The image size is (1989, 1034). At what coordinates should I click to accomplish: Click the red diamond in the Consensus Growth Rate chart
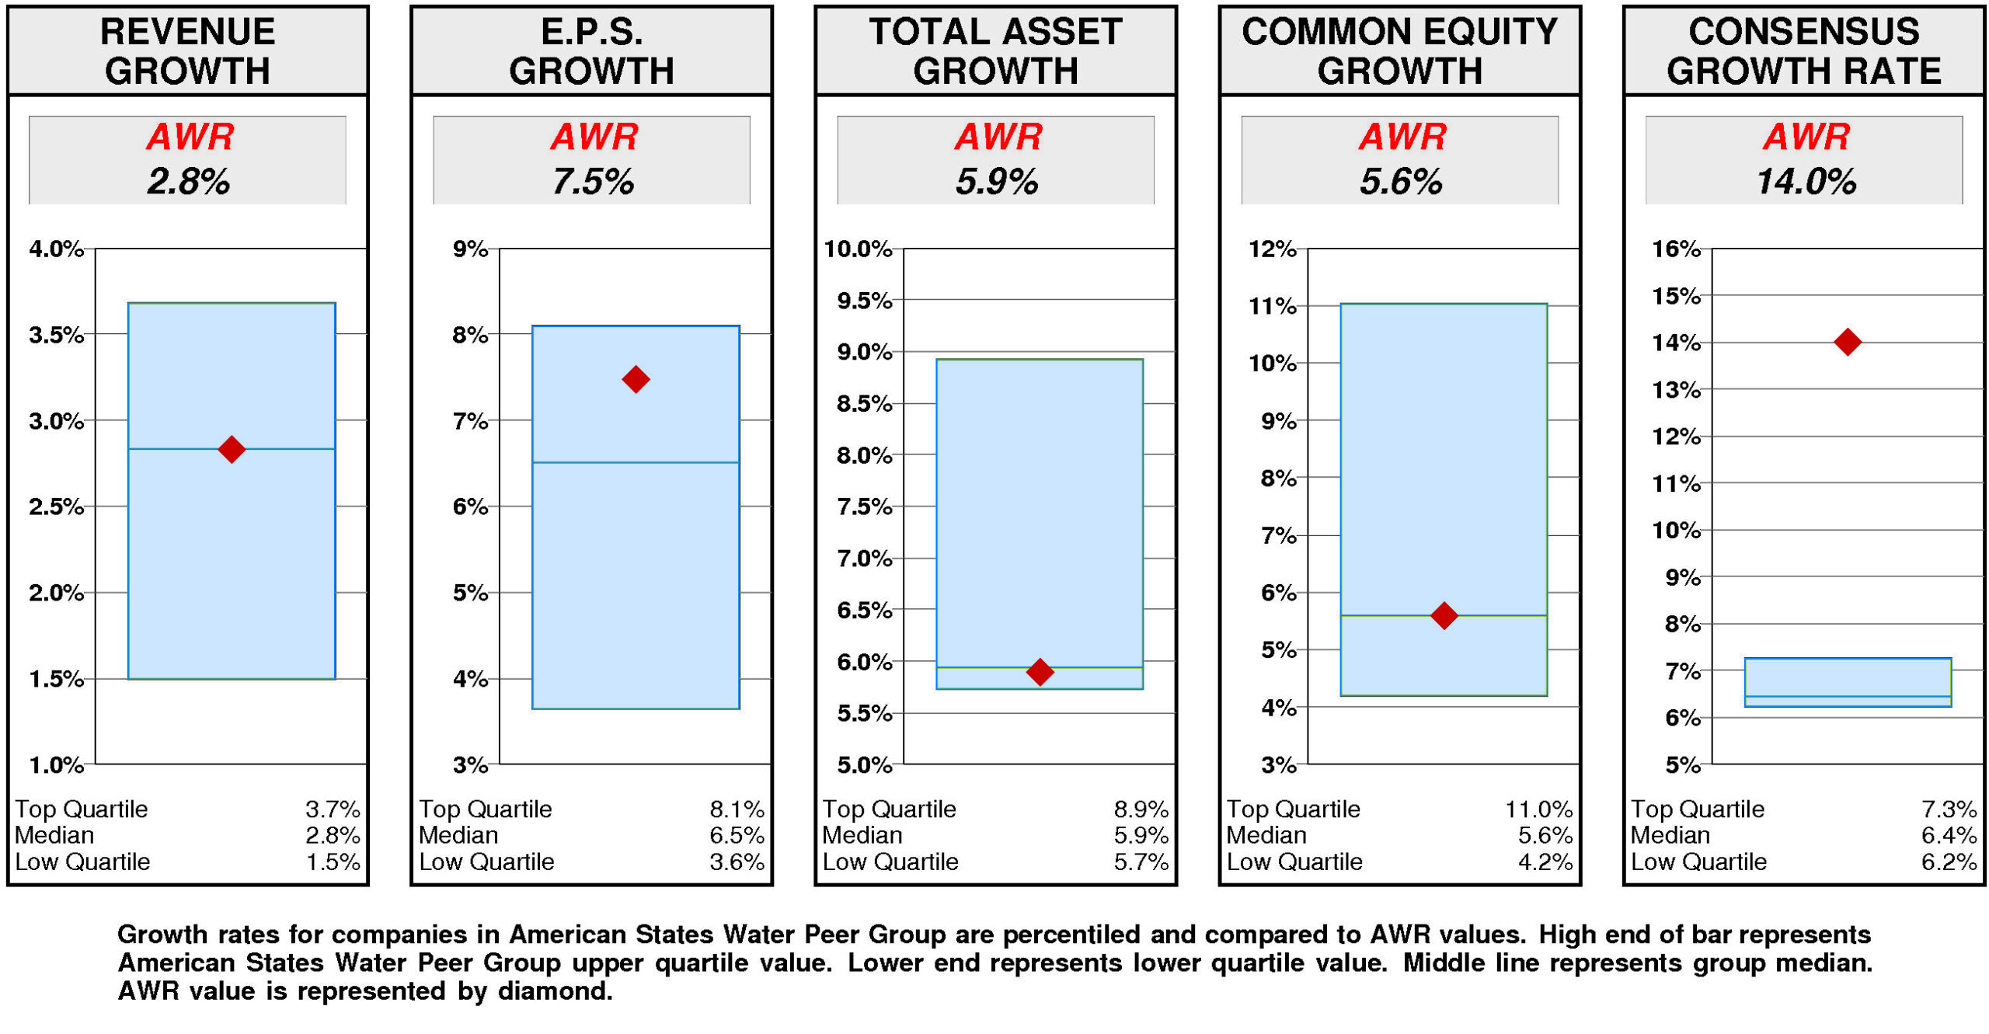1847,341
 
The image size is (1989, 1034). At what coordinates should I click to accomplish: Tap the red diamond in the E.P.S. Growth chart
636,379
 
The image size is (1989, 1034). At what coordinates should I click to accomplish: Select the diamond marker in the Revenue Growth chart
232,448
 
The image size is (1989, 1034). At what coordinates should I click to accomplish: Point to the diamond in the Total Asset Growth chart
1040,671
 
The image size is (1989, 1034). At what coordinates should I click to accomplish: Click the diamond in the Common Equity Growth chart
1444,615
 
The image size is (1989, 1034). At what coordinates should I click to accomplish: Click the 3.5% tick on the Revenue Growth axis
56,335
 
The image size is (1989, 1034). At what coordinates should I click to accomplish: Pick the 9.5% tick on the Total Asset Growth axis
864,300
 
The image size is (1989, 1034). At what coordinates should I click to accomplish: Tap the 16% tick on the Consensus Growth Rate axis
1676,249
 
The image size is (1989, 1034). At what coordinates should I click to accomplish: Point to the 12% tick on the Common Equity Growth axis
1272,249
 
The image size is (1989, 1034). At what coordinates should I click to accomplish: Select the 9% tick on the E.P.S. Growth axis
470,249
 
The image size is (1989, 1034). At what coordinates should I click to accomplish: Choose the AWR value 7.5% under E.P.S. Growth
592,182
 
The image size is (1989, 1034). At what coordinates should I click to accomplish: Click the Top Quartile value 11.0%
1538,809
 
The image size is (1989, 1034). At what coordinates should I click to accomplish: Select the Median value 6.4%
1949,835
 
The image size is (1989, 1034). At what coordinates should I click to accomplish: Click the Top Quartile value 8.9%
1141,809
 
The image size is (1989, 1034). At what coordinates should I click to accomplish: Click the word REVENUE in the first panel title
187,32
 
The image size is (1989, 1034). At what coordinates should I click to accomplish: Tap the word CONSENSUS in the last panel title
1803,32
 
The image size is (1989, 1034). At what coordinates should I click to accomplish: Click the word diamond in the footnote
553,991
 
